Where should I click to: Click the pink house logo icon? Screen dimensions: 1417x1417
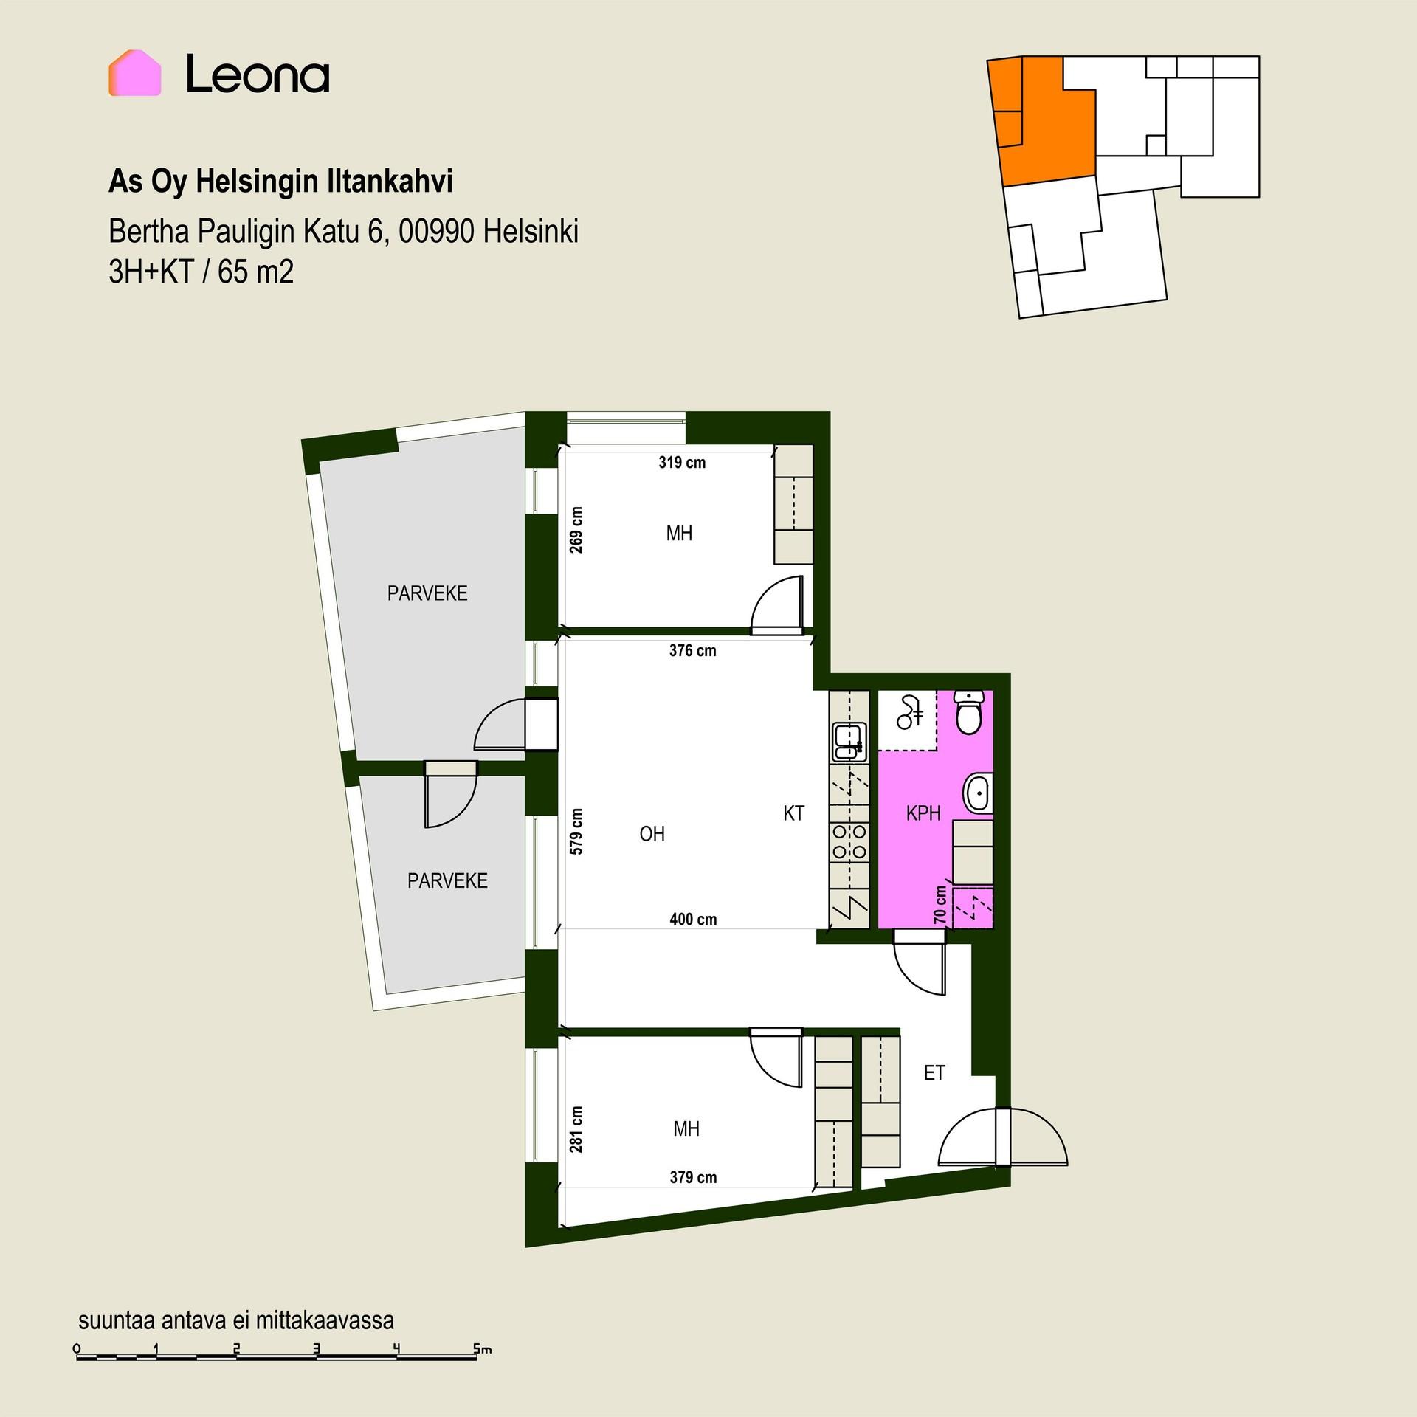(134, 72)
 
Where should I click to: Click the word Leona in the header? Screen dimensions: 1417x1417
(258, 74)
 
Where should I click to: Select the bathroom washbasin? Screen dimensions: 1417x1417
(978, 793)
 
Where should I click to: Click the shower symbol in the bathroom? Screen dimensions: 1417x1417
(910, 711)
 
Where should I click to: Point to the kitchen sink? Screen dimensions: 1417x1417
(849, 742)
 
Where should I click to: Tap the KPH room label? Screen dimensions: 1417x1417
(923, 813)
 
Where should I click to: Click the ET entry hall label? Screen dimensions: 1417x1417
(934, 1073)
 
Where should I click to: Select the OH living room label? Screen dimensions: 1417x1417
(652, 834)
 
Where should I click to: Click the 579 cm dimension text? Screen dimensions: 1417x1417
(576, 831)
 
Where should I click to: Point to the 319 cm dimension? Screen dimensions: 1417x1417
(682, 463)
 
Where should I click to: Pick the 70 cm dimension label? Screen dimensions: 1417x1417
(940, 905)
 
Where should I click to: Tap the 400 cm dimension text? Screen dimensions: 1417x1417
(693, 919)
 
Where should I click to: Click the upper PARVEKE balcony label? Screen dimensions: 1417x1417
(427, 593)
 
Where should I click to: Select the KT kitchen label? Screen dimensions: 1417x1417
(793, 813)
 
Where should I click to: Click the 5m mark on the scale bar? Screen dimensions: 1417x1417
(482, 1350)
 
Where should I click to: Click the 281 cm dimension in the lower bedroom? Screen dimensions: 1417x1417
(576, 1128)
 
